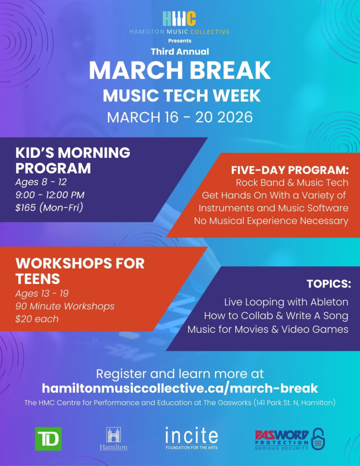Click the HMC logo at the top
[179, 18]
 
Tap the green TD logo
[48, 439]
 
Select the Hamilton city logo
[113, 439]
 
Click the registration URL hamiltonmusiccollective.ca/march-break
[180, 388]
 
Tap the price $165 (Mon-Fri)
[50, 208]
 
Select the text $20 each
[37, 319]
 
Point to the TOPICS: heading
[329, 284]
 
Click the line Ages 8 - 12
[41, 182]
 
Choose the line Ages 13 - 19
[42, 293]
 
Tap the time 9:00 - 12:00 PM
[50, 195]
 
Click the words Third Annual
[180, 51]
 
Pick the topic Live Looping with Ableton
[286, 302]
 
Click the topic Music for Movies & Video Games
[268, 329]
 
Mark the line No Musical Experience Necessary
[271, 221]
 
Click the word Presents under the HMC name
[180, 41]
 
